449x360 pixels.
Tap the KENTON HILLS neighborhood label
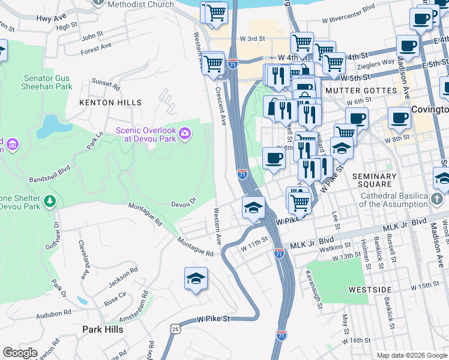110,103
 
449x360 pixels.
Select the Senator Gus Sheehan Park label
48,82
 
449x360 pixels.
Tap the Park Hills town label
103,329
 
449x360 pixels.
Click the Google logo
20,353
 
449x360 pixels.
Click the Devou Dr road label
184,204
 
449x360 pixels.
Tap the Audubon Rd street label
53,313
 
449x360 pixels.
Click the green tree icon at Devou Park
50,200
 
